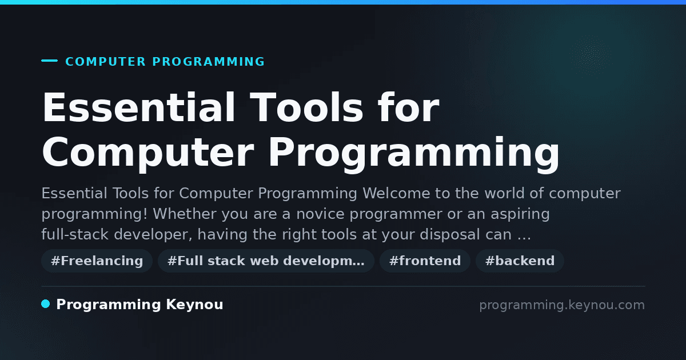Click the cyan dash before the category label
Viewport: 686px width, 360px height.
tap(49, 61)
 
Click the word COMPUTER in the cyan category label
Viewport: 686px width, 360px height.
tap(105, 62)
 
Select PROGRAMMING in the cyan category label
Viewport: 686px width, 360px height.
tap(208, 62)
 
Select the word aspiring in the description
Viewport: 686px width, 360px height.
tap(520, 214)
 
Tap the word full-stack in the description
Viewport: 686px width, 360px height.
tap(75, 234)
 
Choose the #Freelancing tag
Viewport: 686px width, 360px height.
tap(97, 261)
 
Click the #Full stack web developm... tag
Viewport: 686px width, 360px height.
tap(266, 261)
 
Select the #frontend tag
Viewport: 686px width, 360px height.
tap(425, 261)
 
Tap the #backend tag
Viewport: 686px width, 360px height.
tap(520, 261)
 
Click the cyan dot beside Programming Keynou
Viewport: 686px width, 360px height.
tap(46, 304)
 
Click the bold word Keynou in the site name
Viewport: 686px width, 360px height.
tap(194, 305)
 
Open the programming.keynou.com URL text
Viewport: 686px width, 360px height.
tap(562, 305)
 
